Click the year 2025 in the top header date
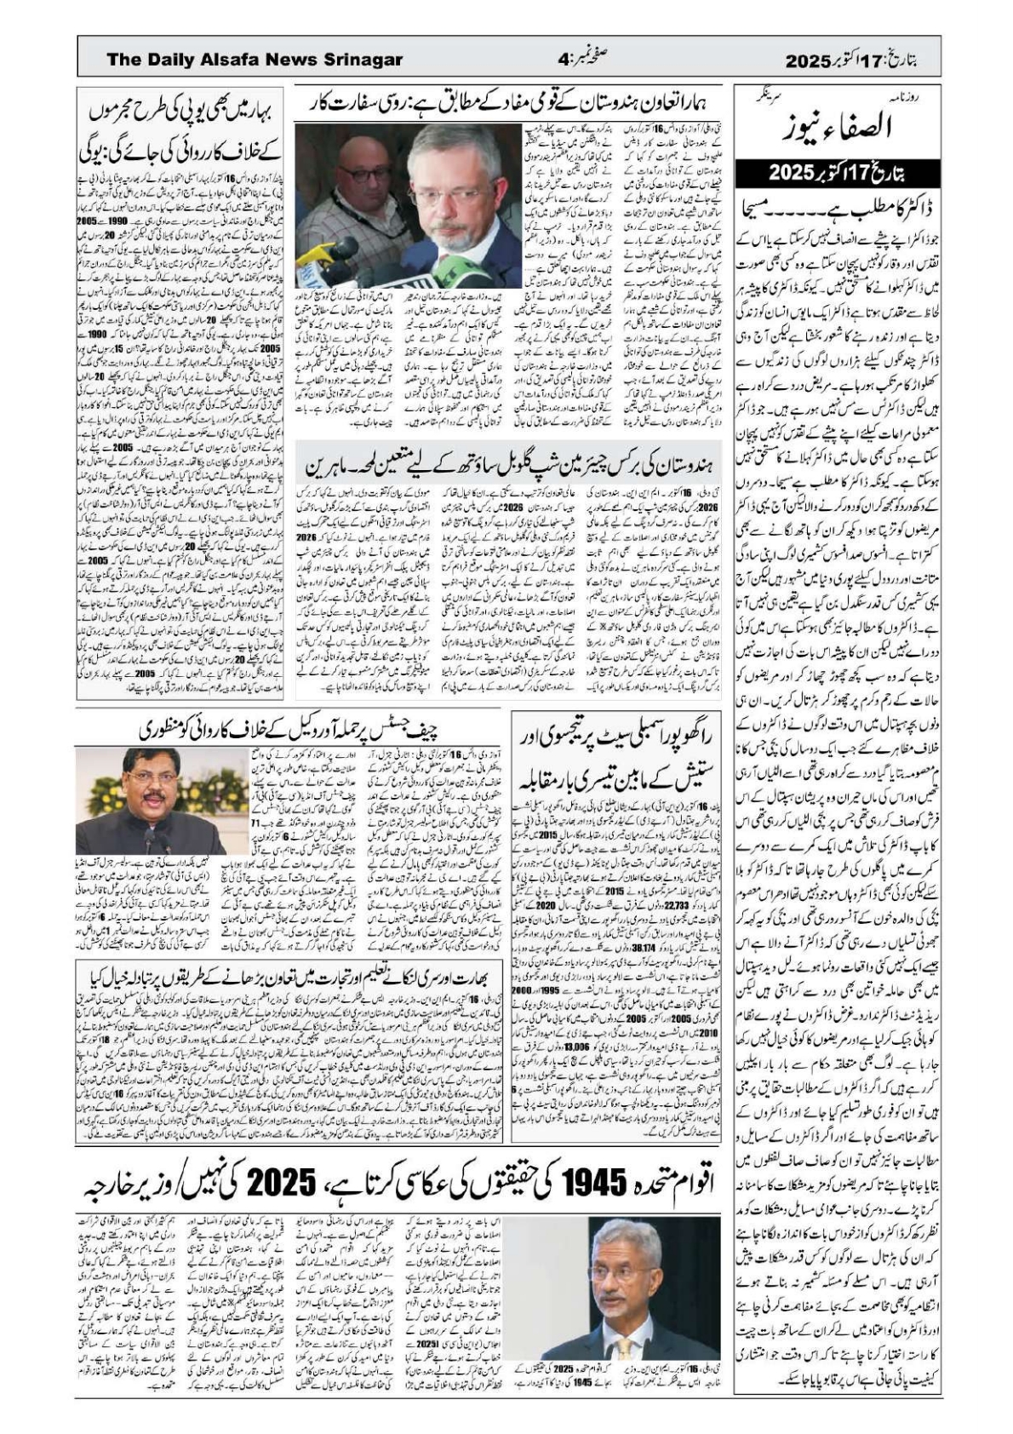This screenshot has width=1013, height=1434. coord(807,60)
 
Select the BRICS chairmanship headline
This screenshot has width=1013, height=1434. coord(508,465)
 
